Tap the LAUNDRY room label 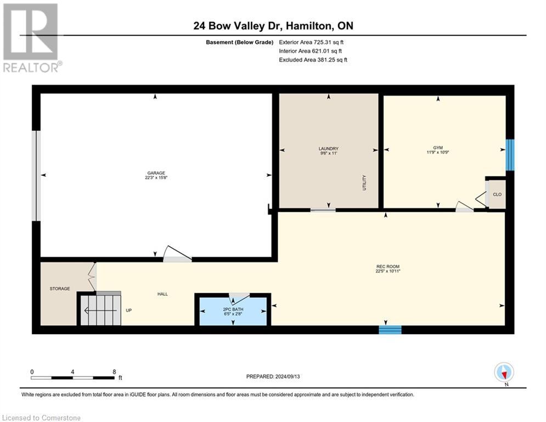(328, 148)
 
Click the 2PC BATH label (233, 310)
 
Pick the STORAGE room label (60, 288)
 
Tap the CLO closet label (497, 195)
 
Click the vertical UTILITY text (364, 183)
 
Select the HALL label (162, 294)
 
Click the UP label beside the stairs (129, 310)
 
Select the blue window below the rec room (390, 330)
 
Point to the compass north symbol (504, 373)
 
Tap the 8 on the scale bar (114, 372)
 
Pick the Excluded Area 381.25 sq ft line (313, 60)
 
